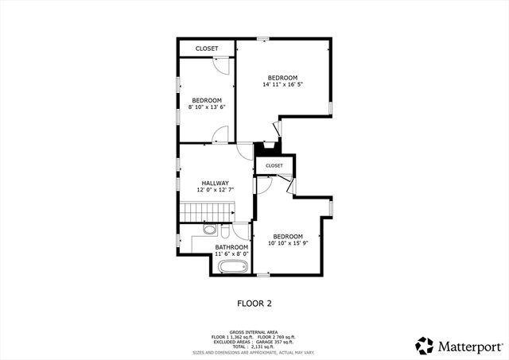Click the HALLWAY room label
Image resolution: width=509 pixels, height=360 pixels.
pos(215,183)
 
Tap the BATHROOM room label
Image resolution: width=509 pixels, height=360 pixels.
pos(231,246)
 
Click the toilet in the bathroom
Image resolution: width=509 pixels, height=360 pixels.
pos(209,230)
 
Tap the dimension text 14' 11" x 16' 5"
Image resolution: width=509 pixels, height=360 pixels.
pos(283,84)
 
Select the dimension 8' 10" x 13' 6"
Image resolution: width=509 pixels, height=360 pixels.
pos(207,107)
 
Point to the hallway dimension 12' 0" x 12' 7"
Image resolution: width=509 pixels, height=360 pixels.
pos(215,190)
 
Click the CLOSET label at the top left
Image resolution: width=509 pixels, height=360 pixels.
pos(207,48)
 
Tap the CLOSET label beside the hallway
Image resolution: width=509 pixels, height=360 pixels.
pos(274,165)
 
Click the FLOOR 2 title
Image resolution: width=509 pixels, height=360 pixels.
pos(254,303)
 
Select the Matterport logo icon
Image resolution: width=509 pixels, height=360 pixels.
pos(425,346)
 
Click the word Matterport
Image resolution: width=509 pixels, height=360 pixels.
pos(469,346)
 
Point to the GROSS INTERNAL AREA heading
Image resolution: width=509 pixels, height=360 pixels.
pos(254,332)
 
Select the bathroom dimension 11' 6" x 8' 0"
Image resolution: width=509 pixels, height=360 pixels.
pos(231,254)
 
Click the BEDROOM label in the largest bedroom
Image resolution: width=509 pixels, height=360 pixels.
pos(282,77)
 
